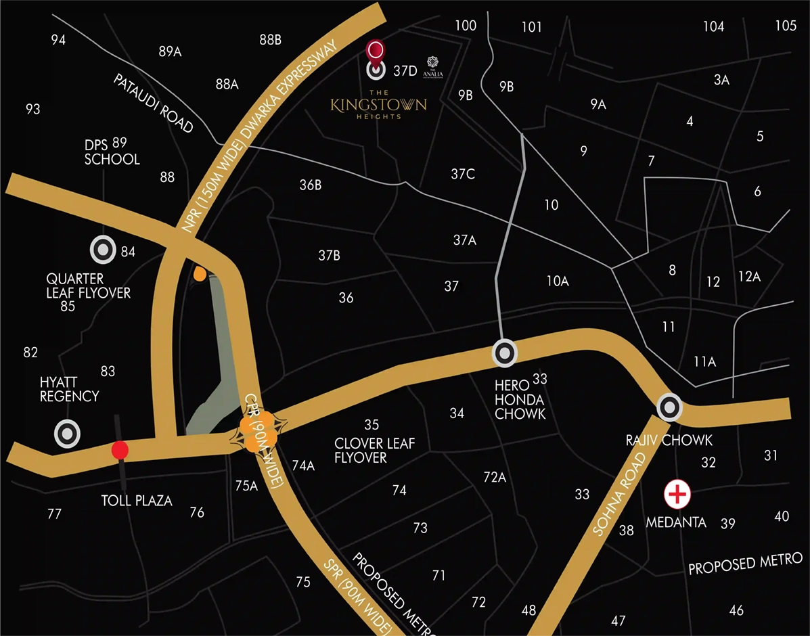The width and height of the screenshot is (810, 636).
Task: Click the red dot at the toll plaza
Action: [x=120, y=450]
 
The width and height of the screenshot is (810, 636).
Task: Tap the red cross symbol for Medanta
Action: [x=677, y=495]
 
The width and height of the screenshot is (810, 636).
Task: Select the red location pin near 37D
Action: [x=376, y=51]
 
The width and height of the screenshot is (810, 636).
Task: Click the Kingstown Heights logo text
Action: [x=378, y=105]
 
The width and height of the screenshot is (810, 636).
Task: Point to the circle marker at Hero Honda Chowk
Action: [x=505, y=353]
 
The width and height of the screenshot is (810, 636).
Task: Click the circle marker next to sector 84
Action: [x=103, y=250]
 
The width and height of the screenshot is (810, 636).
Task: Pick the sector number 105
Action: [x=786, y=26]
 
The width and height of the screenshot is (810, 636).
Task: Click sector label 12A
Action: [x=749, y=276]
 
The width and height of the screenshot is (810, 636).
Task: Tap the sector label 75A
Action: [x=246, y=485]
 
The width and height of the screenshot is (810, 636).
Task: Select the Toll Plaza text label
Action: [x=137, y=501]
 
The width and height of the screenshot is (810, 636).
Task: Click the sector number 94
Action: [x=58, y=40]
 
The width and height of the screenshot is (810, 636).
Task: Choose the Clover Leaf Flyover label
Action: [x=374, y=451]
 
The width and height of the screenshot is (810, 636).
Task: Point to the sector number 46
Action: [x=736, y=610]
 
